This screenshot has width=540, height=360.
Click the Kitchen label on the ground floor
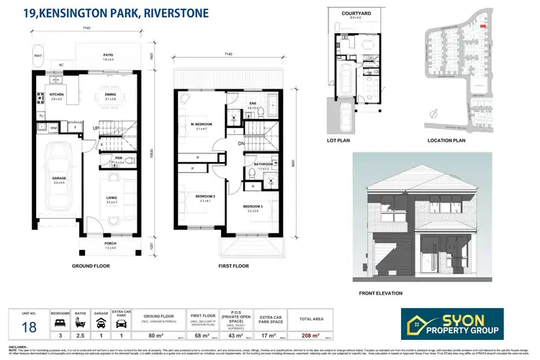point(56,95)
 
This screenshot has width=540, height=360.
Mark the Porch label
point(110,244)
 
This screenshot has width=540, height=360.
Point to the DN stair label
point(242,143)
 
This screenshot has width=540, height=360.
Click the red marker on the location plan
point(484,27)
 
